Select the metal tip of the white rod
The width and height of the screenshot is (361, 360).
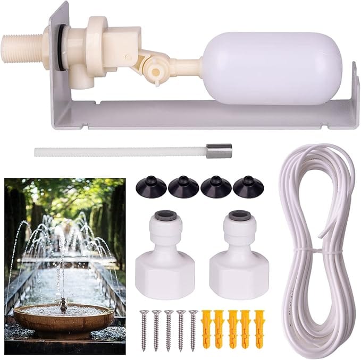219,152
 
